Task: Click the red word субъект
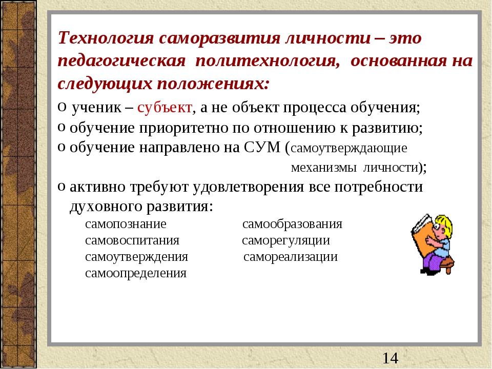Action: (165, 108)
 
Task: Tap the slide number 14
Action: (390, 358)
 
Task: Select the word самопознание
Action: (126, 224)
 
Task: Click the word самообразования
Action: (292, 224)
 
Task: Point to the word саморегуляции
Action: (286, 241)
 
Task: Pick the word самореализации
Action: (291, 257)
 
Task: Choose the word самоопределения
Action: (136, 273)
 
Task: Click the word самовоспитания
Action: (132, 241)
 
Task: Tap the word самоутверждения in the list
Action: (136, 257)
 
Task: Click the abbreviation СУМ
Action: (262, 148)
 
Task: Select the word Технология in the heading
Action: (106, 38)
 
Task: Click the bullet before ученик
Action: (61, 107)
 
